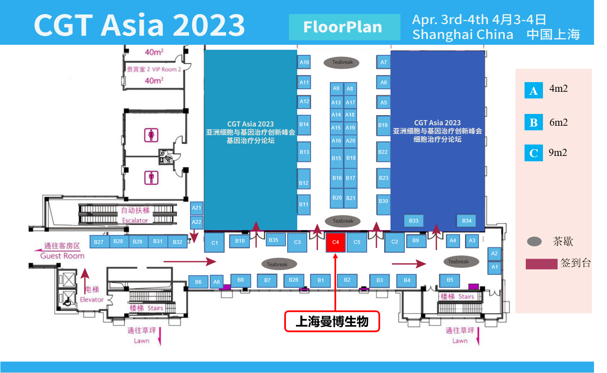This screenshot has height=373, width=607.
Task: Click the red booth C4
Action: [x=335, y=242]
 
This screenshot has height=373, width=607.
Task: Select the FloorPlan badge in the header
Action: [x=345, y=27]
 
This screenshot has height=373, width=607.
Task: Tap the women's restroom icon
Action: [x=151, y=135]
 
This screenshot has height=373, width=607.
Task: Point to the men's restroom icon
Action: [x=151, y=178]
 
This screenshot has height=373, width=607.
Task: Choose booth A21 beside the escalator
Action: [x=196, y=208]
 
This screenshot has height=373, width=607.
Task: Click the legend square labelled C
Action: [x=534, y=153]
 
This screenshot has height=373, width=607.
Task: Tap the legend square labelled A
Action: [x=534, y=91]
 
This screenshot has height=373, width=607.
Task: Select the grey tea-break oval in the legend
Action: [x=535, y=241]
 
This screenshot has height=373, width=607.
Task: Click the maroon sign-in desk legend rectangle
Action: [x=541, y=264]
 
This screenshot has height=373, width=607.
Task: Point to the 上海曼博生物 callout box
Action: [x=332, y=321]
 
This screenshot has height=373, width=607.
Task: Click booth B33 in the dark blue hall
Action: [x=414, y=220]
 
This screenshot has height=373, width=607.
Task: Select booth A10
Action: [x=304, y=62]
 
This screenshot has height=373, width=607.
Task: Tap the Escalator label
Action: [x=135, y=220]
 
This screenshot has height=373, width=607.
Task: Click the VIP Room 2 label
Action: [x=154, y=70]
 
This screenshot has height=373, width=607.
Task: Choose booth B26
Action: [x=293, y=280]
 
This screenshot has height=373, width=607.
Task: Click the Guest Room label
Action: [x=62, y=256]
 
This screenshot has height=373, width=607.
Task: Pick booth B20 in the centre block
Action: [x=337, y=198]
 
